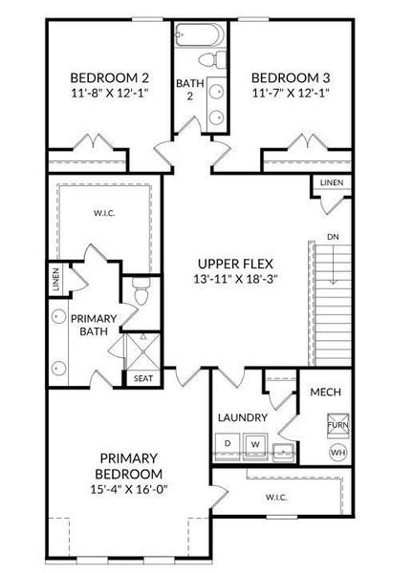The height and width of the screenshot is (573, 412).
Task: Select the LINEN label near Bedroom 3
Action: pos(331,182)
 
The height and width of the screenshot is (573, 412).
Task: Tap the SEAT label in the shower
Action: pos(141,377)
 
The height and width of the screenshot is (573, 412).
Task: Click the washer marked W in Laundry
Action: pos(255,444)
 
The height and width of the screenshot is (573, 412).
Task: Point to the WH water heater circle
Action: pos(337,452)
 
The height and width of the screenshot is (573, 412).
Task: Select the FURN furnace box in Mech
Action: pos(337,424)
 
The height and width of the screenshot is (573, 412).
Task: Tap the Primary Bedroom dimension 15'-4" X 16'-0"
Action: pos(129,491)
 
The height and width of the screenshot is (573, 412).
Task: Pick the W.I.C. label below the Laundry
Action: pos(274,497)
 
